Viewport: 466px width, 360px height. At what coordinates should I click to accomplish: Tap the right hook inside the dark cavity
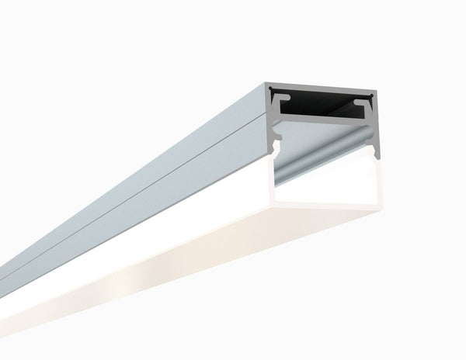[x=363, y=101]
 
